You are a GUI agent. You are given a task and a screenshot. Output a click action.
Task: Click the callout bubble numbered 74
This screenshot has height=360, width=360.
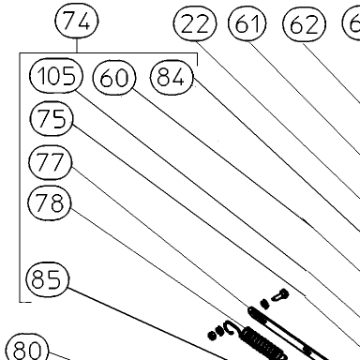pos(77,21)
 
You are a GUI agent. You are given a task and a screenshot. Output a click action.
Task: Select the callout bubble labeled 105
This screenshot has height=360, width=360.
pos(56,75)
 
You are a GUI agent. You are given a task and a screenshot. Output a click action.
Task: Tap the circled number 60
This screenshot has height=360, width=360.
pos(114,78)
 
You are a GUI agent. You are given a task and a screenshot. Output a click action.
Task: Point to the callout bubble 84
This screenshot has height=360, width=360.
pos(172,77)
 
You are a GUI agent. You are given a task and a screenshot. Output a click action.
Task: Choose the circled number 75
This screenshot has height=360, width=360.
pos(52,119)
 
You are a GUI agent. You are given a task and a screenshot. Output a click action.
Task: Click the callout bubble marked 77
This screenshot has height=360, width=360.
pos(51,162)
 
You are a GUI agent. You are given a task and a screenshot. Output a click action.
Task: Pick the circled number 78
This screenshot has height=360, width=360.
pos(50,202)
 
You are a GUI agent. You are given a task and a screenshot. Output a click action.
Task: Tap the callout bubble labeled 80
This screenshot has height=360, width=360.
pos(27,348)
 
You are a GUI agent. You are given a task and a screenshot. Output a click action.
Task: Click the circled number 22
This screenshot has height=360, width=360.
pos(195,24)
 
